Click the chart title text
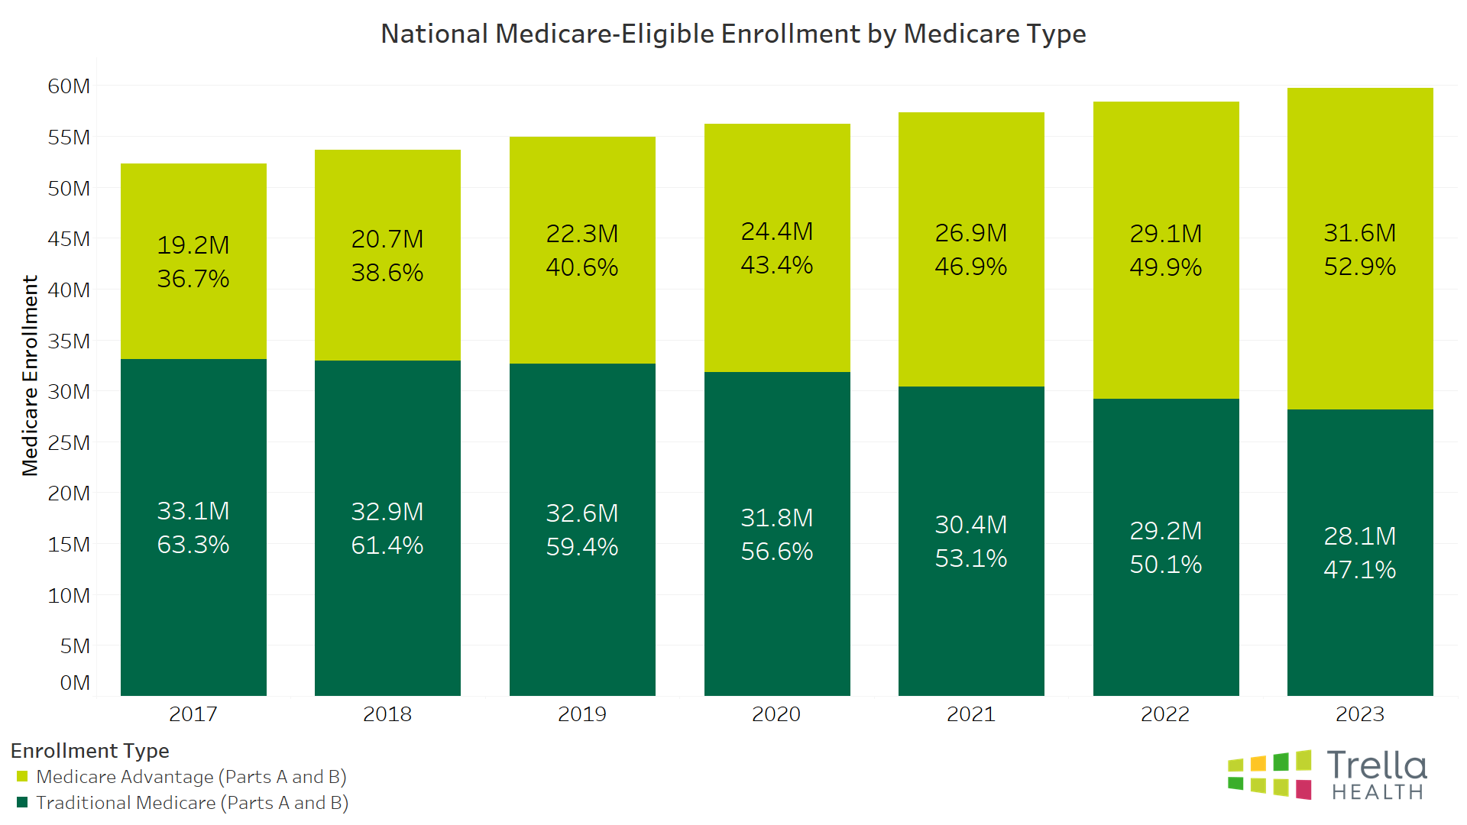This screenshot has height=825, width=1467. tap(733, 34)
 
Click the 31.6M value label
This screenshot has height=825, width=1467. tap(1360, 233)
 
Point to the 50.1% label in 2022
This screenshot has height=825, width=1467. tap(1166, 565)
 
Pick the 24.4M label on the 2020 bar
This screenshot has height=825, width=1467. tap(777, 231)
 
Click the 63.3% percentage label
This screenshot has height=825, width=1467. tap(193, 545)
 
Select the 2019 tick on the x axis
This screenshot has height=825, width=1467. tap(582, 714)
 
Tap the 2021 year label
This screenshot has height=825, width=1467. tap(971, 714)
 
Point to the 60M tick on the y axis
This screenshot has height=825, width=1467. tap(69, 86)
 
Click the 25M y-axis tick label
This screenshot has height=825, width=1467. tap(69, 443)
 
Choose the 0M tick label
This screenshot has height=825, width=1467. tap(75, 683)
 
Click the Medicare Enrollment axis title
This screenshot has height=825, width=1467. tap(30, 376)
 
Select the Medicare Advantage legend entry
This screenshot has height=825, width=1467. tap(191, 777)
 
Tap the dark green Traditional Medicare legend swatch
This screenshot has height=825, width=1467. tap(22, 803)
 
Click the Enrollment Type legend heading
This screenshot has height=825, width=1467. tap(90, 751)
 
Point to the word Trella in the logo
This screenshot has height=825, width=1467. tap(1377, 766)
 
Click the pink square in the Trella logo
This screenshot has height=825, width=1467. tap(1303, 790)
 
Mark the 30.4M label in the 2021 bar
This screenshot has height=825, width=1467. tap(971, 525)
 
